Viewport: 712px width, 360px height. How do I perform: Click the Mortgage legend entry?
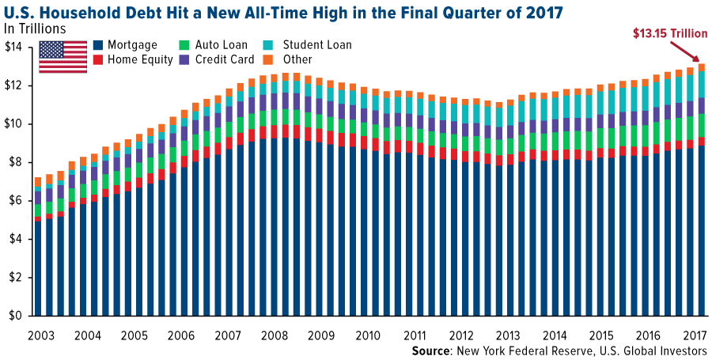(x=131, y=45)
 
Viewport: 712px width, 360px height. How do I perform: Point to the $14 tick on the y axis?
(x=14, y=47)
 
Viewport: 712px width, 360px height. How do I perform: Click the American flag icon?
(x=62, y=56)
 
